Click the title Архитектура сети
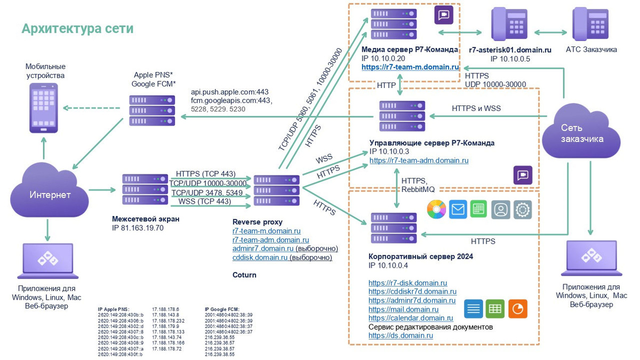(x=77, y=28)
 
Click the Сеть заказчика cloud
(x=581, y=131)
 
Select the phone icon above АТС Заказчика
(x=591, y=23)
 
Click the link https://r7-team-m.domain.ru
(x=410, y=67)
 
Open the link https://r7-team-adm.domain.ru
(x=419, y=160)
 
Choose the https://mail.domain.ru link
(x=403, y=309)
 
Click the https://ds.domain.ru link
(x=401, y=335)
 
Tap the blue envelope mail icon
(x=458, y=210)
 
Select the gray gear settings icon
(x=523, y=210)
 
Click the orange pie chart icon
(x=518, y=308)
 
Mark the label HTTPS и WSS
(x=476, y=109)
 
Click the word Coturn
(x=244, y=275)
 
